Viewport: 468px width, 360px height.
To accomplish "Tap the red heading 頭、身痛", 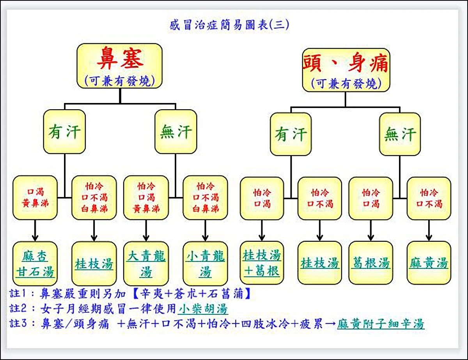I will pos(346,63).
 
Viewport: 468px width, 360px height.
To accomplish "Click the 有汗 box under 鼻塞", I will pos(64,132).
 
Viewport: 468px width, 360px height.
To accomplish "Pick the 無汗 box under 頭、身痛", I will pos(400,135).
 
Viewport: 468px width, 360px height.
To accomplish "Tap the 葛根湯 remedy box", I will pos(370,263).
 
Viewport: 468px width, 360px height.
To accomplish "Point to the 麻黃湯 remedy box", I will pos(429,263).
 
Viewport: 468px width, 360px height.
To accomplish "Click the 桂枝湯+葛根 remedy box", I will pos(262,263).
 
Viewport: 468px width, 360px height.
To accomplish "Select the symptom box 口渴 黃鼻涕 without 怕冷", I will pos(35,198).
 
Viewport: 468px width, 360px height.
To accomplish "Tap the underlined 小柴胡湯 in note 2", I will pos(203,309).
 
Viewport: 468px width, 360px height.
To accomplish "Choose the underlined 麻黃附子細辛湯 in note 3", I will pos(381,324).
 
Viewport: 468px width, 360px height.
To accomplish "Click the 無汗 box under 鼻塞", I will pos(175,131).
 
